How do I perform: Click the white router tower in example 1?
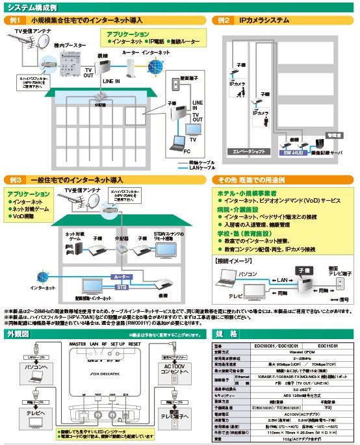[131, 67]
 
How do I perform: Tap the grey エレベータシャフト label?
[247, 151]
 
